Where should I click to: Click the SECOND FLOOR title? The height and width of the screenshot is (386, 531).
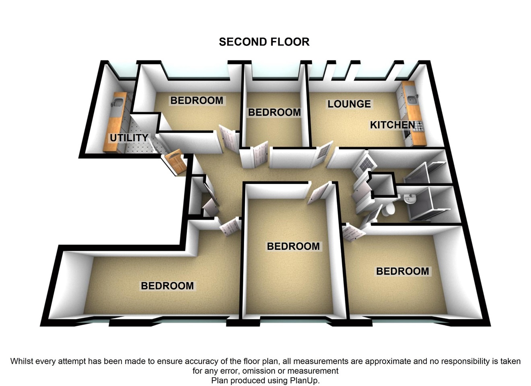264,42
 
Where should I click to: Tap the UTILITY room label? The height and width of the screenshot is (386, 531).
129,138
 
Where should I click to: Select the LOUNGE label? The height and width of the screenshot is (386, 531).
349,104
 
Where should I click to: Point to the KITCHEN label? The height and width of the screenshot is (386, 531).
393,125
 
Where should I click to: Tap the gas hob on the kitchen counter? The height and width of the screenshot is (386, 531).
417,126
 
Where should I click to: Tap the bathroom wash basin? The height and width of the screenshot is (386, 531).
410,198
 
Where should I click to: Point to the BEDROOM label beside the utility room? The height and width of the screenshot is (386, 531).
197,101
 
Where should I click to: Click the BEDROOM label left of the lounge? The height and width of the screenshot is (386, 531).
274,112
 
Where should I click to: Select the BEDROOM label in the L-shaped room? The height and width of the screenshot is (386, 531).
167,286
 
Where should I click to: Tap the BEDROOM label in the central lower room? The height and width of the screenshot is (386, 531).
293,246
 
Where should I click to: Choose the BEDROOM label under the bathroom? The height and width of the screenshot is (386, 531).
403,271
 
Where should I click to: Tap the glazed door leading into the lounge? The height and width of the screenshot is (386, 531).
322,153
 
